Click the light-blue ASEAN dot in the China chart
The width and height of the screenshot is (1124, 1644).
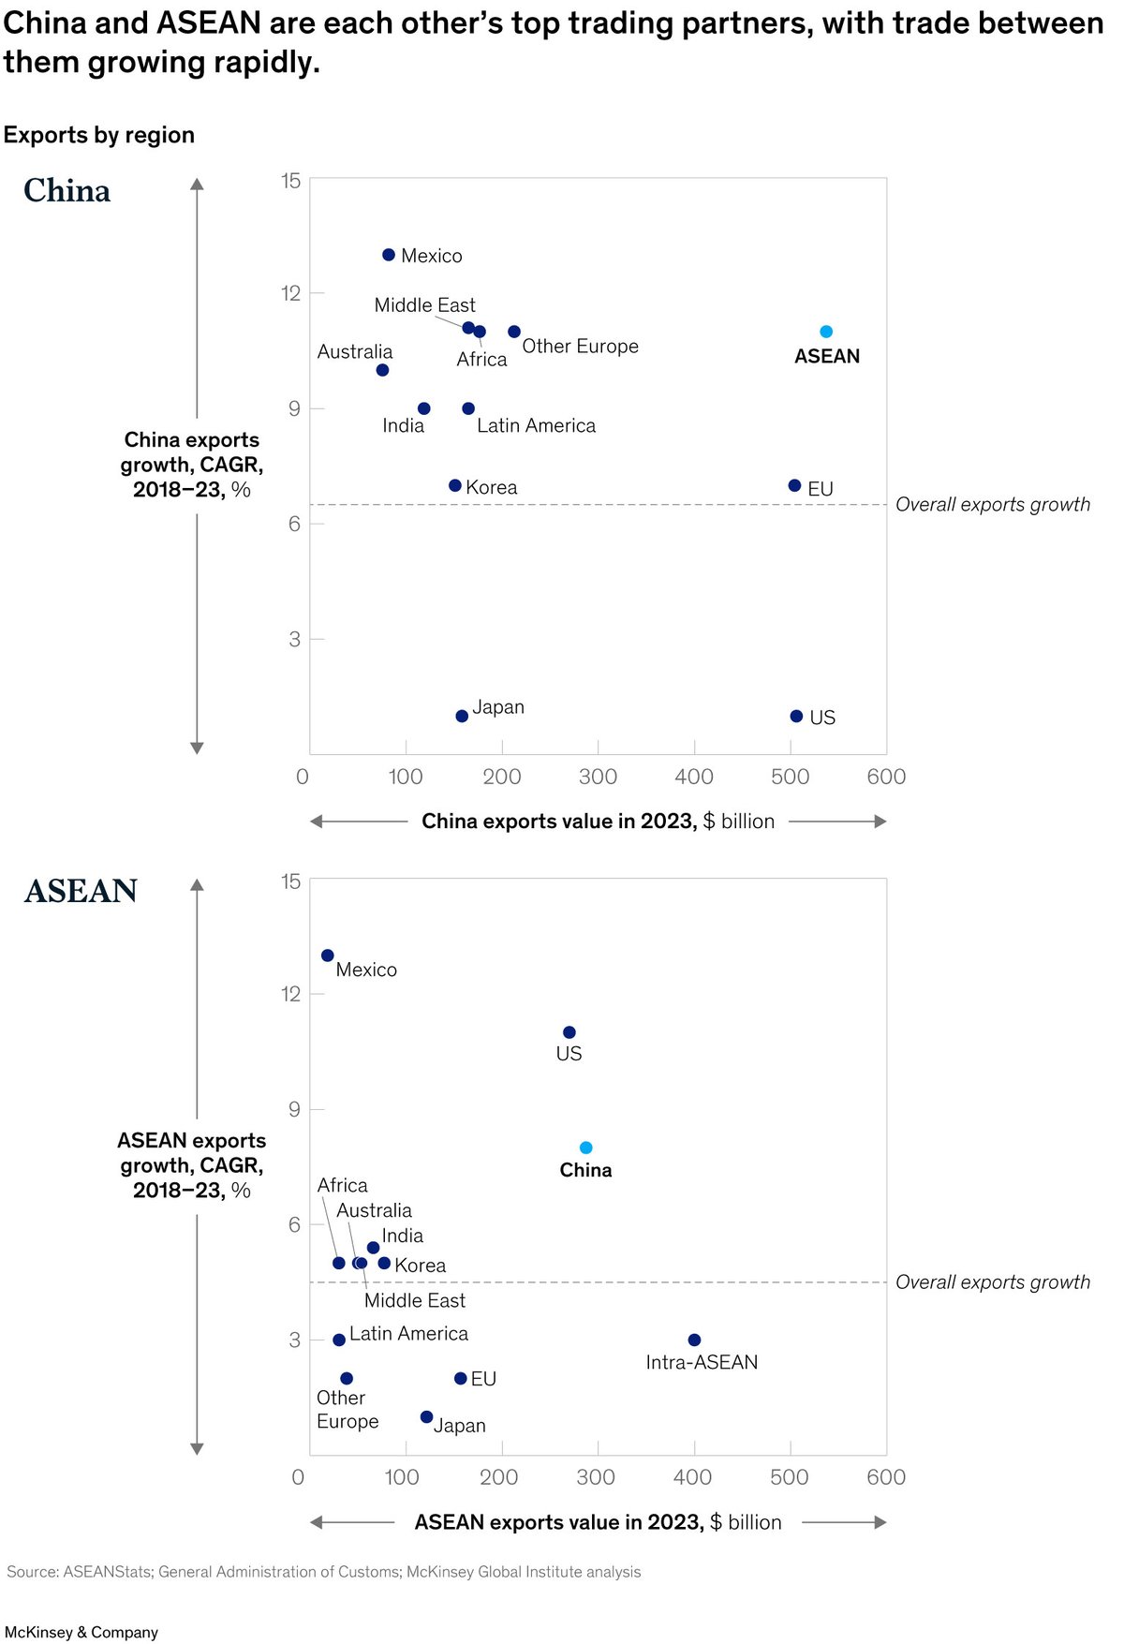pos(826,332)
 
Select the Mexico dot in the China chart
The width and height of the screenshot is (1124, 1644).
pos(389,255)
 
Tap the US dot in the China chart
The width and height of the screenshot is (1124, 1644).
pos(796,717)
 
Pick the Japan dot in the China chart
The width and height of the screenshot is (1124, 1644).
pos(462,717)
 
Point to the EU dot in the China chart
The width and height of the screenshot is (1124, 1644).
pos(794,485)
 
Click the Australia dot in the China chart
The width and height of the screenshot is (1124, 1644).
pos(382,370)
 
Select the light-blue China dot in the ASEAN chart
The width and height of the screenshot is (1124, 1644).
pos(585,1148)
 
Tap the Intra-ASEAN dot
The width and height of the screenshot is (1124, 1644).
pos(694,1340)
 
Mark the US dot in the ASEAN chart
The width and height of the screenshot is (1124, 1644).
pos(569,1032)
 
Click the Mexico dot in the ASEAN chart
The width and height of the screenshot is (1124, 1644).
pos(328,955)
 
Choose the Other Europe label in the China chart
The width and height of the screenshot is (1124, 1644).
pos(580,347)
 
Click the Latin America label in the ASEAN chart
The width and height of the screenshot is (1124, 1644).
pos(408,1334)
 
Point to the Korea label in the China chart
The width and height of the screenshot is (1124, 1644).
pos(491,487)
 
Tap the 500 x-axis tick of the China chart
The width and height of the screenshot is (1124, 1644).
pos(790,777)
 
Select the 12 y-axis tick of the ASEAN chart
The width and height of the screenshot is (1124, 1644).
pos(290,994)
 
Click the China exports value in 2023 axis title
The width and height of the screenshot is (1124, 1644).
pos(598,822)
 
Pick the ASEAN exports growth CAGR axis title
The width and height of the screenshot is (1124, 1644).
pos(192,1165)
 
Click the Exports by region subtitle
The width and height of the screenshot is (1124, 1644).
pos(99,135)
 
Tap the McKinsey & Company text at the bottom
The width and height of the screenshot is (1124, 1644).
pos(81,1633)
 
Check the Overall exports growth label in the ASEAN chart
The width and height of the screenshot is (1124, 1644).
pos(993,1282)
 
